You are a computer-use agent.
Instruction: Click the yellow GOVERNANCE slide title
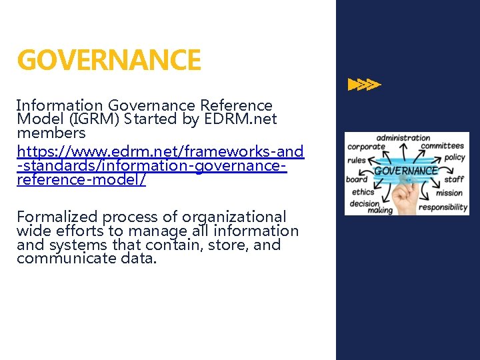pyautogui.click(x=109, y=61)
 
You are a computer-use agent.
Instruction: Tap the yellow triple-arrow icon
pyautogui.click(x=365, y=85)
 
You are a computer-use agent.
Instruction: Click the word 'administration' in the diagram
pyautogui.click(x=403, y=138)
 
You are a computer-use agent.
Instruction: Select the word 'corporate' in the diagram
pyautogui.click(x=367, y=147)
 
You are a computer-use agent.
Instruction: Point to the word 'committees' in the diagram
pyautogui.click(x=442, y=145)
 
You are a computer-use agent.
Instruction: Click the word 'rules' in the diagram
pyautogui.click(x=357, y=160)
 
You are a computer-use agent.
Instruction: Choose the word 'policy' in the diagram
pyautogui.click(x=454, y=157)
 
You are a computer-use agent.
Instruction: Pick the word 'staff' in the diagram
pyautogui.click(x=454, y=179)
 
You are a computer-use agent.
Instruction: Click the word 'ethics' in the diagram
pyautogui.click(x=363, y=193)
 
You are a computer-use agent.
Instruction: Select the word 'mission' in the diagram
pyautogui.click(x=449, y=193)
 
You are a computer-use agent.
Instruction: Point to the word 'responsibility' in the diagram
pyautogui.click(x=443, y=207)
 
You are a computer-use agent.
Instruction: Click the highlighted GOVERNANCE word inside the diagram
pyautogui.click(x=405, y=170)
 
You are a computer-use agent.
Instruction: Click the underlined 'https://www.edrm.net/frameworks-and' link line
pyautogui.click(x=160, y=152)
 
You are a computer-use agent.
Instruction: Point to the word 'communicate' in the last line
pyautogui.click(x=61, y=259)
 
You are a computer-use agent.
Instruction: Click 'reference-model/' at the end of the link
pyautogui.click(x=81, y=180)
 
